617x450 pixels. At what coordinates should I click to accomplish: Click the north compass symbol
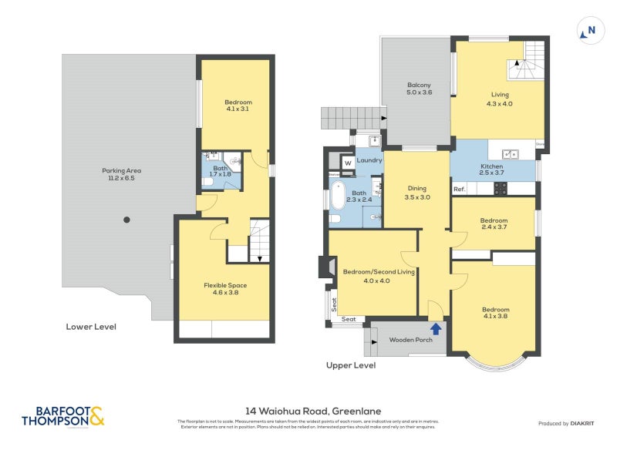[589, 31]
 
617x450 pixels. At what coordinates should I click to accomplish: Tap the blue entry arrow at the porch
[436, 329]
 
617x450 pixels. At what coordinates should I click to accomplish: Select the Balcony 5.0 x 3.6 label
[419, 89]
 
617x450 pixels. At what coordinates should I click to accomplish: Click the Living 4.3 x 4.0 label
[501, 99]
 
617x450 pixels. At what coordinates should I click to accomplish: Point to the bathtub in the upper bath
[338, 197]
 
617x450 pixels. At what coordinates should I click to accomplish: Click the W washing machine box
[348, 163]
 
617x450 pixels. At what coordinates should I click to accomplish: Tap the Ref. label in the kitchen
[460, 189]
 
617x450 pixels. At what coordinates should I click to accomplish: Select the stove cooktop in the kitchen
[500, 187]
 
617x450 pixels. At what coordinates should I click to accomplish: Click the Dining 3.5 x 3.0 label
[416, 193]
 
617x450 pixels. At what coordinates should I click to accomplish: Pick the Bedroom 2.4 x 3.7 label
[494, 223]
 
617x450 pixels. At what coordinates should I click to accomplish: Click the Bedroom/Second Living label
[368, 276]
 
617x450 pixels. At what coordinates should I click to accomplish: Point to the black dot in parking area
[127, 220]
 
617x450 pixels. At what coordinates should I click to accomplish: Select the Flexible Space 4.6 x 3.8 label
[224, 289]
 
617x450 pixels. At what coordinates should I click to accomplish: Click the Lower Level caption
[90, 327]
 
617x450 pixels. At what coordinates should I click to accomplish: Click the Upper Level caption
[350, 365]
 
